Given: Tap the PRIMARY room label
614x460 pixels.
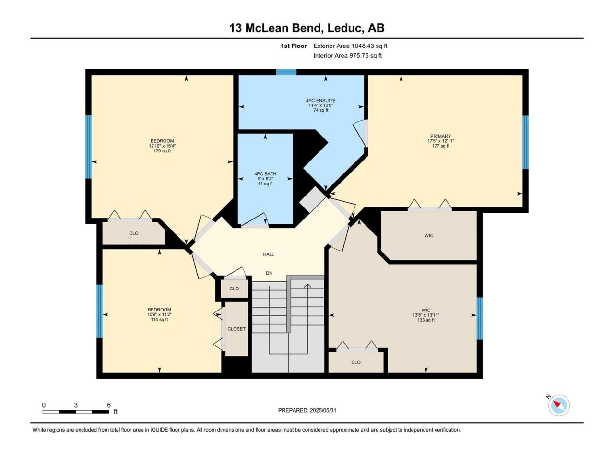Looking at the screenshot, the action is point(440,136).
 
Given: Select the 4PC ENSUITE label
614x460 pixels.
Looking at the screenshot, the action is point(320,100).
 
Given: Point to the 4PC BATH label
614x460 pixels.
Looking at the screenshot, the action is point(265,174).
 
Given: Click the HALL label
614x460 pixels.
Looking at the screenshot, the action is point(269,254).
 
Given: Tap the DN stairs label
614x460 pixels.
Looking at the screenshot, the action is point(269,273).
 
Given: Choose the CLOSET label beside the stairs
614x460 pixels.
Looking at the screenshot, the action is point(236,329).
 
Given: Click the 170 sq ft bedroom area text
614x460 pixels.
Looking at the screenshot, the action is point(162,151).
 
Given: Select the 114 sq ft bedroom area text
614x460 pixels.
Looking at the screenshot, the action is point(159,320).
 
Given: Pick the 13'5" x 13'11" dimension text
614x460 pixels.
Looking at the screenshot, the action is point(426,315).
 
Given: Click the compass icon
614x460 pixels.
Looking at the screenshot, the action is point(559,405).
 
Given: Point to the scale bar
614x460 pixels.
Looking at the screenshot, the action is point(76,412).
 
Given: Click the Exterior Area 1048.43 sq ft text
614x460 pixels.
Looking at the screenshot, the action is point(350,46).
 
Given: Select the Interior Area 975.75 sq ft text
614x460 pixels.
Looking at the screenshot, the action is point(347,55).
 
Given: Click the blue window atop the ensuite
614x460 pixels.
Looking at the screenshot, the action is point(286,72).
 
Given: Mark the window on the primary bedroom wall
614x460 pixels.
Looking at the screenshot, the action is point(526,142).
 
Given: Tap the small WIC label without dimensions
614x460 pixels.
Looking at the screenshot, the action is point(429,235).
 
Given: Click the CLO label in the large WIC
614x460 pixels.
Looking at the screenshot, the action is point(356,362).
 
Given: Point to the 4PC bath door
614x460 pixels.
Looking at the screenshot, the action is point(255,220).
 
